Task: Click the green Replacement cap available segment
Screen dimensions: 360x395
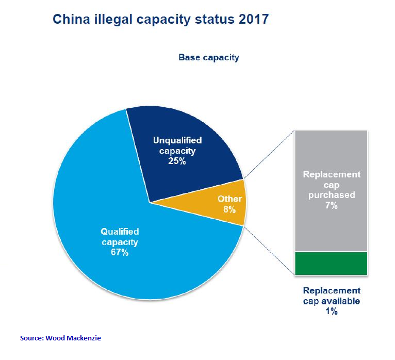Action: [x=331, y=263]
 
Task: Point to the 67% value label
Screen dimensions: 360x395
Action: [x=120, y=253]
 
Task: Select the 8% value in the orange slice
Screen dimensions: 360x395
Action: [x=229, y=210]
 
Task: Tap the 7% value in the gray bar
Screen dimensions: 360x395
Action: [x=331, y=206]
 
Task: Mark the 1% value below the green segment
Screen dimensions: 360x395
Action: [x=331, y=312]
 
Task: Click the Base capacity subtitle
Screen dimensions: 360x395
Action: [x=209, y=57]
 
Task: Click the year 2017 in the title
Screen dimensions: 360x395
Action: [x=251, y=20]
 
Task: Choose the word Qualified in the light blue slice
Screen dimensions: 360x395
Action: [x=120, y=232]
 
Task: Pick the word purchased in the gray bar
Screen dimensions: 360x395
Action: [x=331, y=195]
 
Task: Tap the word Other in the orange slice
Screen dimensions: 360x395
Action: [x=229, y=199]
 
